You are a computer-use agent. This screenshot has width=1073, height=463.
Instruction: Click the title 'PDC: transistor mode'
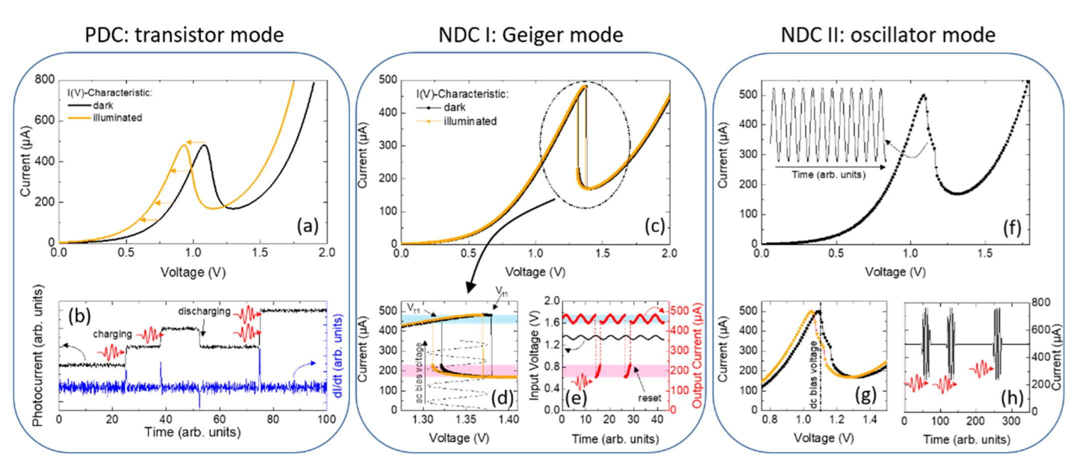184,35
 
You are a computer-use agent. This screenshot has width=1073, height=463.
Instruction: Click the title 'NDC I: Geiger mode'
531,35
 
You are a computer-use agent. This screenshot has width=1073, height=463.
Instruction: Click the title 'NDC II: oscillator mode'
888,35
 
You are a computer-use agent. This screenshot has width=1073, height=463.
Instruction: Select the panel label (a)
307,226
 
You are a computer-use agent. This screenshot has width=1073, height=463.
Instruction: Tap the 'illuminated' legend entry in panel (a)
117,118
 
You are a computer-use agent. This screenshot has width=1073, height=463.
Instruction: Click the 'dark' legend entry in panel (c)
454,107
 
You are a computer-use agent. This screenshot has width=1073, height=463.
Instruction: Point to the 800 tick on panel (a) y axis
45,79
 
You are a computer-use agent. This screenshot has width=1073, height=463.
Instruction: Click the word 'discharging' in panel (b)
204,311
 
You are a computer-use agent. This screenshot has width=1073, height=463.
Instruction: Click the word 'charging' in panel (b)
112,334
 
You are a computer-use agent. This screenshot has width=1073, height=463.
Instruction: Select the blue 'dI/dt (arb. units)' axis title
338,356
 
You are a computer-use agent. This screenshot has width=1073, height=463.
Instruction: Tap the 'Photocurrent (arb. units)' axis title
38,355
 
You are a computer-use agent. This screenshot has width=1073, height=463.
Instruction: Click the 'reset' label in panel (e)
649,398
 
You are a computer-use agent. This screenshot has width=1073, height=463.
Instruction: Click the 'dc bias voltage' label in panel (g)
813,375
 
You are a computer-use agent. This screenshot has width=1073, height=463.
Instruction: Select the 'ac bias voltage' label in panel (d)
419,372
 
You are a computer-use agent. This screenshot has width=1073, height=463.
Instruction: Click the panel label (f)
1012,227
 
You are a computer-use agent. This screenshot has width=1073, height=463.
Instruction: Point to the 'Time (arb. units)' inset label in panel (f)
828,174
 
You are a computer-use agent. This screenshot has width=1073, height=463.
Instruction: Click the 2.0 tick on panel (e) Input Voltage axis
551,300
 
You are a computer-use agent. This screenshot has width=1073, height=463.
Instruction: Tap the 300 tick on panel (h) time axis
1011,421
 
